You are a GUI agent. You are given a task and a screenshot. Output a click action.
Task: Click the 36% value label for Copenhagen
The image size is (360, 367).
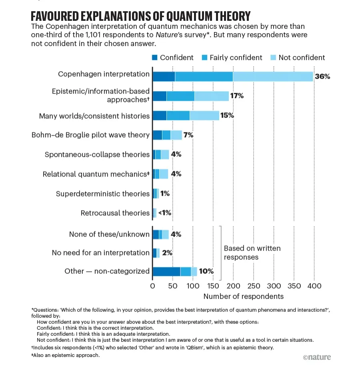tap(322, 76)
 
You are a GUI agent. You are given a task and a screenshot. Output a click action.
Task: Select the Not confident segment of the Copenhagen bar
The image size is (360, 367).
tap(273, 76)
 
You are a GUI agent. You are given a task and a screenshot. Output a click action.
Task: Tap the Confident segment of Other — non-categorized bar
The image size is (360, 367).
tap(166, 271)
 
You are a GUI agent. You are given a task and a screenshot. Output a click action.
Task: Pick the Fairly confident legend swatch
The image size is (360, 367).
tap(204, 58)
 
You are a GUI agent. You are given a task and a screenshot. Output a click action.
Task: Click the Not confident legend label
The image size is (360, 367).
tap(302, 58)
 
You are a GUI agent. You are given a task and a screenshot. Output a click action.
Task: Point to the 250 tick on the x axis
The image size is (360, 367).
tap(254, 286)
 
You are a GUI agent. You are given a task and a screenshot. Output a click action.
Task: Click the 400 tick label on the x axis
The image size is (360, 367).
tap(314, 286)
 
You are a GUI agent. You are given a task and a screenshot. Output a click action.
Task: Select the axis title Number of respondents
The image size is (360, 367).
tap(243, 296)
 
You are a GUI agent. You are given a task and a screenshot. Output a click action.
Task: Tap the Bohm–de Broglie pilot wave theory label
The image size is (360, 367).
tap(90, 135)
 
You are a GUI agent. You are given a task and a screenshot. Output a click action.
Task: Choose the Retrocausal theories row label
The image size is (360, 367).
tap(115, 213)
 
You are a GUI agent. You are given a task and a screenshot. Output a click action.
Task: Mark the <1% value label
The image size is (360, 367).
tap(165, 213)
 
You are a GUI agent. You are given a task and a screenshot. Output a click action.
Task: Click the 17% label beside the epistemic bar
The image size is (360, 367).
tap(237, 96)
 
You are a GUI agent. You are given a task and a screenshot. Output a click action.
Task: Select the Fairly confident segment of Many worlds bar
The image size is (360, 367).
tap(178, 116)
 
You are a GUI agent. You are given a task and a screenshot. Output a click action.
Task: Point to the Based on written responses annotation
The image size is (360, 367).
tap(252, 253)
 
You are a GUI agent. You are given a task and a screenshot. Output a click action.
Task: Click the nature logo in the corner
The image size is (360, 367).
tap(317, 357)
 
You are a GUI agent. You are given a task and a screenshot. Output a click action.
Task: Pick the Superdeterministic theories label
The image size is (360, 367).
tap(102, 194)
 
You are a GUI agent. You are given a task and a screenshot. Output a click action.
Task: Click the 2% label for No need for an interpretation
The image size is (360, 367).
tap(167, 253)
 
